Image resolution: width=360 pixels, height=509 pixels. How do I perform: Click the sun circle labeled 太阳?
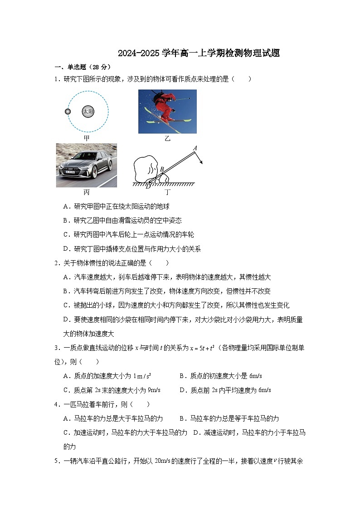(88, 111)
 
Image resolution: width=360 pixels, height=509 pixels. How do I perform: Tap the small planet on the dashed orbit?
(68, 111)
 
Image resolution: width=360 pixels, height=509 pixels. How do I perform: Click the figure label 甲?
(87, 138)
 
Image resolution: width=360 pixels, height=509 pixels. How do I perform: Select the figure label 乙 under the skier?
(167, 139)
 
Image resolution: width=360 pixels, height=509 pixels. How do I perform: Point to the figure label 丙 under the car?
(87, 192)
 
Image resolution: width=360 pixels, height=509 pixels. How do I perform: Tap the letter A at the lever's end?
(195, 148)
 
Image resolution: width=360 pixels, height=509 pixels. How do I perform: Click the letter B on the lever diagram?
(162, 170)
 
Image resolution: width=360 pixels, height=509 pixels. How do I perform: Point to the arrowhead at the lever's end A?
(201, 164)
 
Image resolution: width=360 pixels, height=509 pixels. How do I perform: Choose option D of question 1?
(132, 248)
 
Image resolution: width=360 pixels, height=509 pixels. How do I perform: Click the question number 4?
(57, 404)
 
